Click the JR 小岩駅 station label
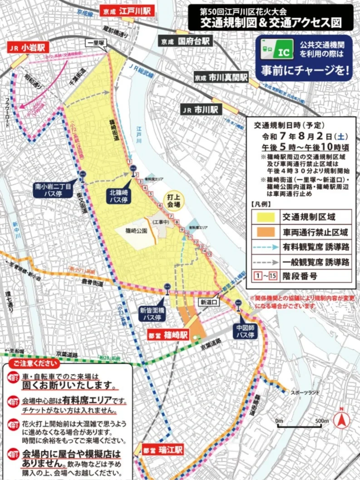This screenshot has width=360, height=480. pos(28,47)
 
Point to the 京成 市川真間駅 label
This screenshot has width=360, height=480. pos(220,77)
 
